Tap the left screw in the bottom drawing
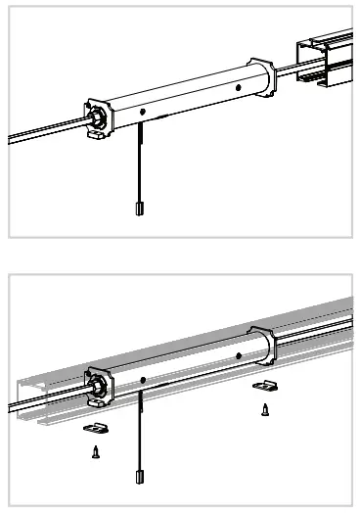[x=95, y=451]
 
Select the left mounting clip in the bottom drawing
[x=97, y=428]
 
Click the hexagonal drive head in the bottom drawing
[x=98, y=387]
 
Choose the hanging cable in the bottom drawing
[x=139, y=431]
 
